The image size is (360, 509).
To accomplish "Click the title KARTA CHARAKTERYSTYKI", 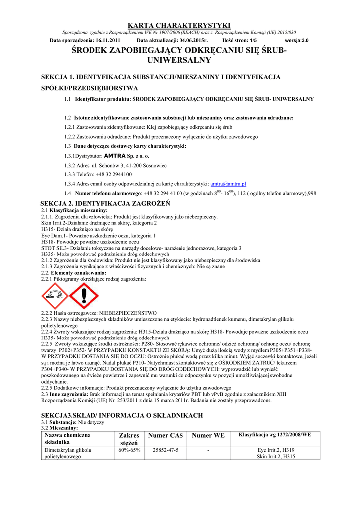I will click(x=180, y=25).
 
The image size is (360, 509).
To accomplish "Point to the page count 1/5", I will click(x=253, y=40).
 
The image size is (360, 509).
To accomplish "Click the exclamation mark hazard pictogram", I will click(x=84, y=295).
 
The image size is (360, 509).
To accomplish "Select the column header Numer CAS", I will click(x=166, y=435).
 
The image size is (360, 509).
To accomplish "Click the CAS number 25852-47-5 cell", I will click(x=166, y=450).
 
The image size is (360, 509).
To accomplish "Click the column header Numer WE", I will click(x=208, y=435).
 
